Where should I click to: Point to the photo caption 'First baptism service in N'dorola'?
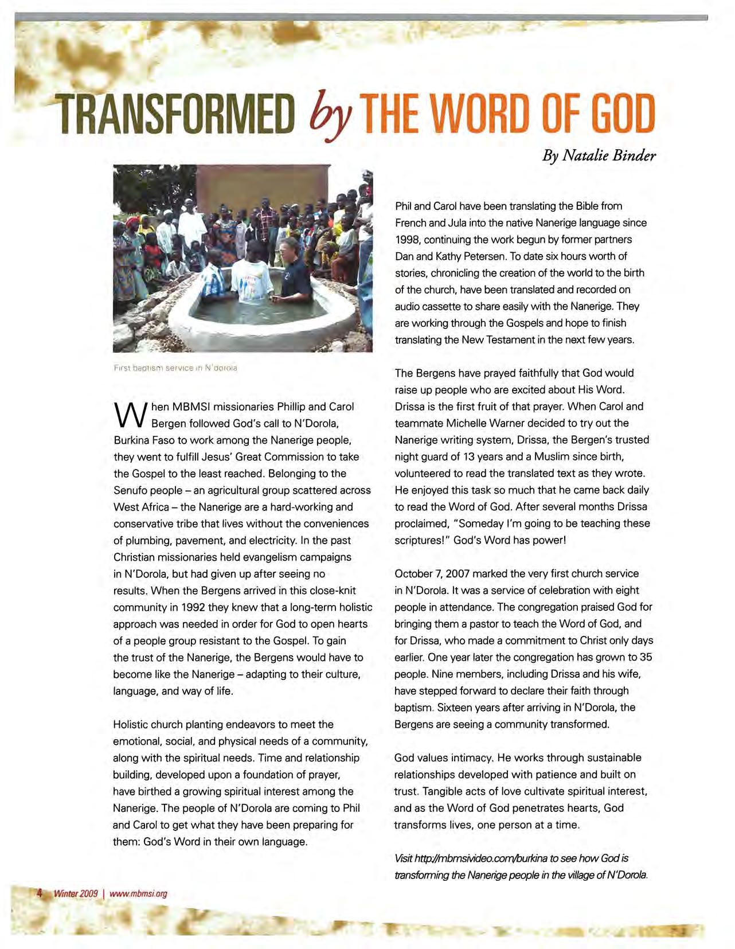click(175, 368)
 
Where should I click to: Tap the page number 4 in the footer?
click(40, 893)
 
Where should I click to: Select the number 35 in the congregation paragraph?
click(646, 657)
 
